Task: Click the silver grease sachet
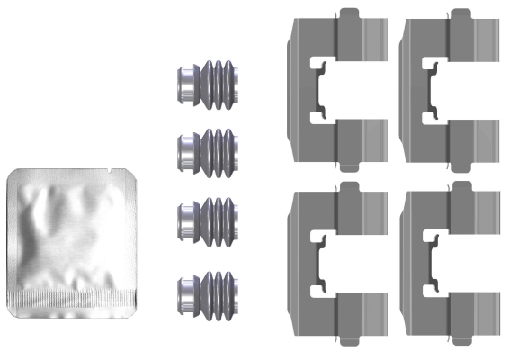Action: pyautogui.click(x=72, y=234)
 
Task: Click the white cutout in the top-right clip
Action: pyautogui.click(x=434, y=88)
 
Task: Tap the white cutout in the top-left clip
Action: pyautogui.click(x=321, y=88)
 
